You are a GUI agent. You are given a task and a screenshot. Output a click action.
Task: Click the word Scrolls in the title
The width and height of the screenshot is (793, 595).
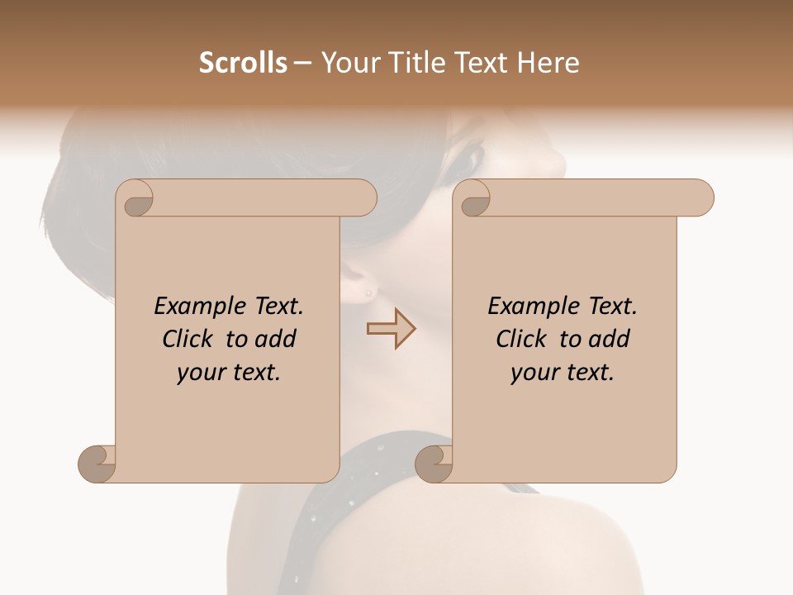[243, 63]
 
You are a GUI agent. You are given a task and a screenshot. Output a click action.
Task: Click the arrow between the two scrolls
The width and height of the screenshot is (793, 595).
[391, 329]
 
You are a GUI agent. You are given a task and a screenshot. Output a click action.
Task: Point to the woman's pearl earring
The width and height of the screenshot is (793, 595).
[368, 291]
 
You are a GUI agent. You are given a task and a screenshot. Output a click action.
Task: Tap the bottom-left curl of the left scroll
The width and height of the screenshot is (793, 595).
[97, 464]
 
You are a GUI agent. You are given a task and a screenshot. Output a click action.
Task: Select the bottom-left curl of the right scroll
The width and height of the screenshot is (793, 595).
[434, 464]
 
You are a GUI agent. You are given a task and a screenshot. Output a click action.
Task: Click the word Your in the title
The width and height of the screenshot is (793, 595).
[348, 63]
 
